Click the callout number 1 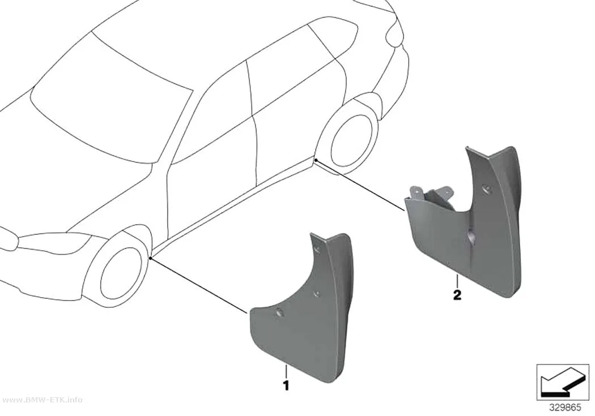coord(286,385)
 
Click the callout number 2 coord(457,295)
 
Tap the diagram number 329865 coord(565,408)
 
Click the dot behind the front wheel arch coord(151,258)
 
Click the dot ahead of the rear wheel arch coord(314,161)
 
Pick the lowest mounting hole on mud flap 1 coord(280,312)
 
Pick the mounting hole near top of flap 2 coord(485,188)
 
